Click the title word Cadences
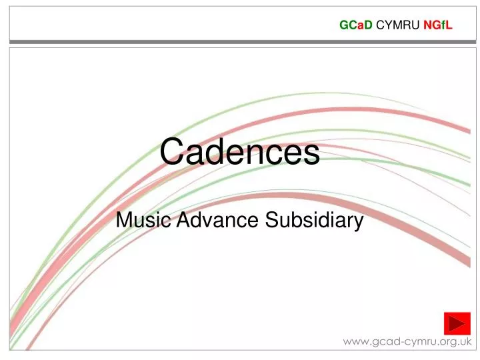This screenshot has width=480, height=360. [x=239, y=151]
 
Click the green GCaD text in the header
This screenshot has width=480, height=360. [x=356, y=26]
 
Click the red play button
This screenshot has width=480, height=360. [x=457, y=325]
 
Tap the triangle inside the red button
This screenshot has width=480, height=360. [x=457, y=325]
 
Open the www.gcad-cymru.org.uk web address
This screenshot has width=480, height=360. [x=407, y=342]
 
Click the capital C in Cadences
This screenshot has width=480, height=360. [x=173, y=151]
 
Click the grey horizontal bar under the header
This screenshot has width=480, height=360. [x=240, y=41]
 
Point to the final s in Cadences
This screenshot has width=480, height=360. [x=312, y=153]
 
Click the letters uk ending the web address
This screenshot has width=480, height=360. [x=465, y=342]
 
